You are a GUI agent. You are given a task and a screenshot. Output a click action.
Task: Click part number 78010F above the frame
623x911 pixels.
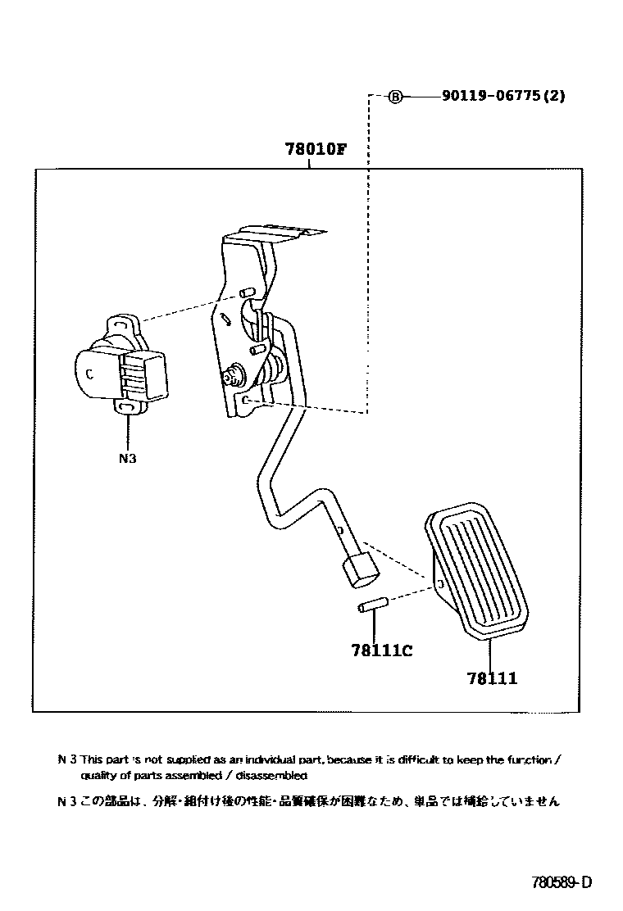pyautogui.click(x=316, y=150)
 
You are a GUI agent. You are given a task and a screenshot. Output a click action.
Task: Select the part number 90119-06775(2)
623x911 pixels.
pyautogui.click(x=502, y=96)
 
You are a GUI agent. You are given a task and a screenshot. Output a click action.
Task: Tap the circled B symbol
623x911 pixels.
pyautogui.click(x=395, y=97)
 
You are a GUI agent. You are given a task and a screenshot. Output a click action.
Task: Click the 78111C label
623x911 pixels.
pyautogui.click(x=380, y=651)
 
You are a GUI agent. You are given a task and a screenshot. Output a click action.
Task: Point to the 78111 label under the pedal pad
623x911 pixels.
pyautogui.click(x=492, y=678)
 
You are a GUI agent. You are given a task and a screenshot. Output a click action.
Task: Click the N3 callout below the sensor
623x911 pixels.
pyautogui.click(x=127, y=459)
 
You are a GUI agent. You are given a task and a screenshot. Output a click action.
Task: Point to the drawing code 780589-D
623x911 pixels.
pyautogui.click(x=561, y=882)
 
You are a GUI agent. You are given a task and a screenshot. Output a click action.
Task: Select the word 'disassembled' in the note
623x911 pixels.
pyautogui.click(x=275, y=775)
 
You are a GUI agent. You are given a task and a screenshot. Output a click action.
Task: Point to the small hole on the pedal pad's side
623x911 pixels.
pyautogui.click(x=440, y=584)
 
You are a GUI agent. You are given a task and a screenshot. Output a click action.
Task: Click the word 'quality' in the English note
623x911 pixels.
pyautogui.click(x=98, y=775)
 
